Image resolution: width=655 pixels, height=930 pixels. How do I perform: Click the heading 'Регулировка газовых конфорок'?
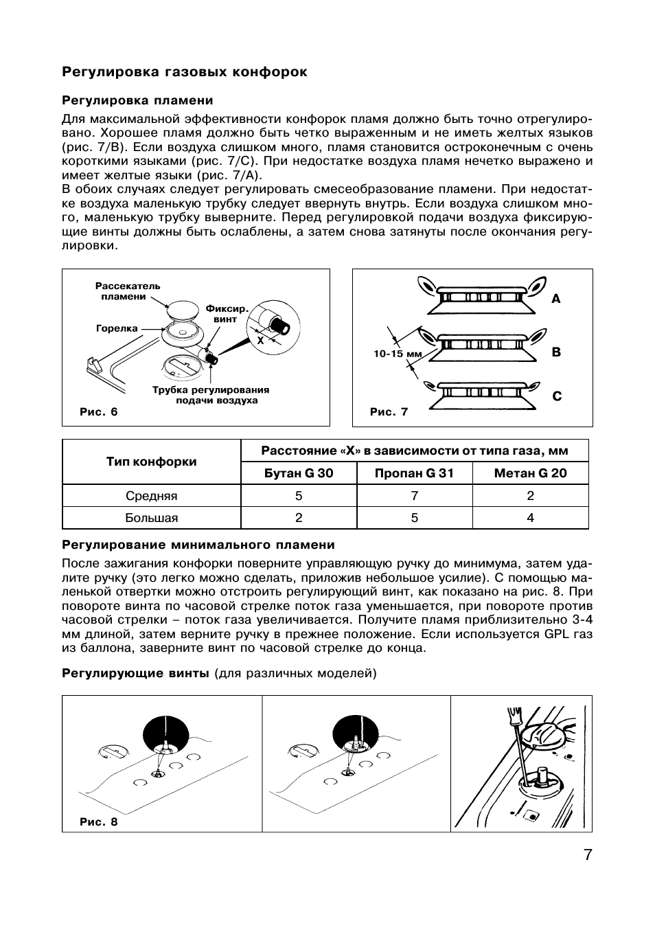tap(185, 72)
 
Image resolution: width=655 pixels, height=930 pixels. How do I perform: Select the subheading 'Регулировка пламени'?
tap(137, 100)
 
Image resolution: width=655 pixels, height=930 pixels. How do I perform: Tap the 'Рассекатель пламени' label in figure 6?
tap(128, 291)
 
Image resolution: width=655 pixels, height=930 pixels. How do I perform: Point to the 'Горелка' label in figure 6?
tap(117, 328)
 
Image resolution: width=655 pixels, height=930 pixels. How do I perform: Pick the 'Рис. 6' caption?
tap(99, 411)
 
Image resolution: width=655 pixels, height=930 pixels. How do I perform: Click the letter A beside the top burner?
tap(556, 299)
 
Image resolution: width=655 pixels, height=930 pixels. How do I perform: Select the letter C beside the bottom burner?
tap(557, 396)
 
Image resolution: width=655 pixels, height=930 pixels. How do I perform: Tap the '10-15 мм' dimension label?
tap(398, 354)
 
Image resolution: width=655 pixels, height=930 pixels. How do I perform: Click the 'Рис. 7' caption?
tap(389, 411)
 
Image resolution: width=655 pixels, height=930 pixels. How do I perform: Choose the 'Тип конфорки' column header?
tap(151, 462)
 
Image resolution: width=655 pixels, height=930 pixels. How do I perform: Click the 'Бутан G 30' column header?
tap(299, 473)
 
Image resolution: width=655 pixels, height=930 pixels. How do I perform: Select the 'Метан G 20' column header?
tap(530, 473)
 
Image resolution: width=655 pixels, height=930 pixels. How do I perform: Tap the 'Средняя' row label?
tap(151, 496)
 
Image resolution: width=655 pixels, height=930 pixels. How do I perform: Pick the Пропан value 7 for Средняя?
tap(414, 496)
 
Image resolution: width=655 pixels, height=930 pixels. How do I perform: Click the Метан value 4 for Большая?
tap(530, 518)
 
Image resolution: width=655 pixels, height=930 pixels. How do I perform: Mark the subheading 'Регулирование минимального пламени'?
tap(198, 545)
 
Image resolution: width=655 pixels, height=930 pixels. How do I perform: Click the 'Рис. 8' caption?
tap(99, 821)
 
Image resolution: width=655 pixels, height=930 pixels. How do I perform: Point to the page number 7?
tap(587, 855)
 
